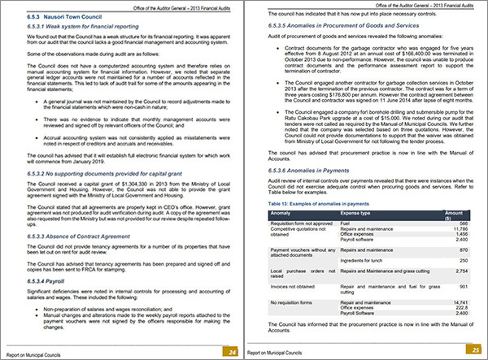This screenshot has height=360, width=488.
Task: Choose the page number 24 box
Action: [233, 351]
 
